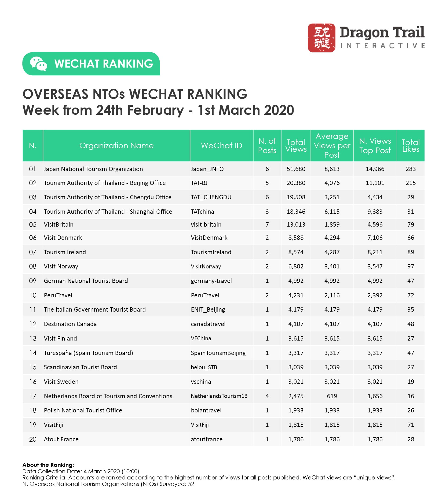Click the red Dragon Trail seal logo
point(321,38)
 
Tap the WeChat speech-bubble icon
point(38,64)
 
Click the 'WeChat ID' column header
point(221,146)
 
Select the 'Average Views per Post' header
point(332,146)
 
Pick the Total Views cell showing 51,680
point(296,169)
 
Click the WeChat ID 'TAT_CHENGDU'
point(211,197)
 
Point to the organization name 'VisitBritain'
point(59,224)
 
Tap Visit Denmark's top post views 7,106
point(375,238)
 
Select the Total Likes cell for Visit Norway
point(411,266)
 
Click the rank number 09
point(32,281)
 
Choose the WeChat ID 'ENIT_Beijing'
point(208,309)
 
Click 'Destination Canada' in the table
point(70,324)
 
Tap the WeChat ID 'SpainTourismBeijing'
point(218,353)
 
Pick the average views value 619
point(332,396)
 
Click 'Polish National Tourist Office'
point(83,410)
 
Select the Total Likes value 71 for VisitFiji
point(411,425)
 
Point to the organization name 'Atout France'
point(61,439)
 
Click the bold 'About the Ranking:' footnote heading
point(48,465)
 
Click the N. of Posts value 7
point(267,224)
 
